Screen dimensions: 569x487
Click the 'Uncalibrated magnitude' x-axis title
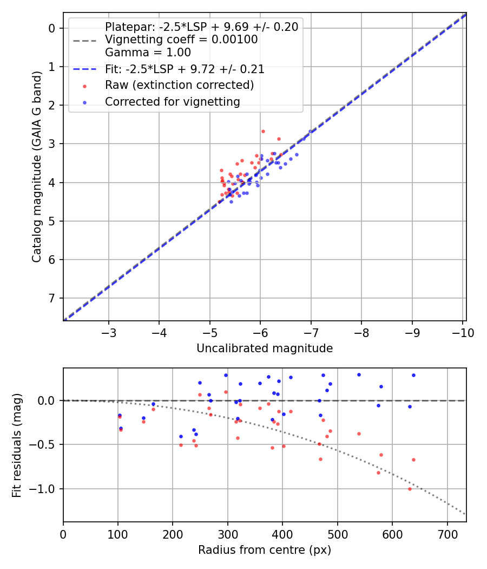(x=264, y=348)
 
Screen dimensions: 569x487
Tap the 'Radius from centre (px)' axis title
(x=264, y=550)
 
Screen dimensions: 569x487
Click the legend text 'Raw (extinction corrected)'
(x=179, y=85)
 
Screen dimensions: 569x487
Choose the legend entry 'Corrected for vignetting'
(x=172, y=101)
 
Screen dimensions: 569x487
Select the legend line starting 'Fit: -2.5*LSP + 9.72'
(x=185, y=69)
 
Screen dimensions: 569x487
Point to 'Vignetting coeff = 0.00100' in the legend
(x=181, y=40)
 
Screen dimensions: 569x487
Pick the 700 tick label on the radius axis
(x=447, y=534)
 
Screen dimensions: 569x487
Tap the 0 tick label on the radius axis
(x=63, y=534)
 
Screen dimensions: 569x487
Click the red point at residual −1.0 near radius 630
(x=410, y=489)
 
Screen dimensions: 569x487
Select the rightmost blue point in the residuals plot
(x=413, y=375)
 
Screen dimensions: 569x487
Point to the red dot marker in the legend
(x=84, y=86)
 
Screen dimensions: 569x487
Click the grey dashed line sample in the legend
(x=84, y=40)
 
